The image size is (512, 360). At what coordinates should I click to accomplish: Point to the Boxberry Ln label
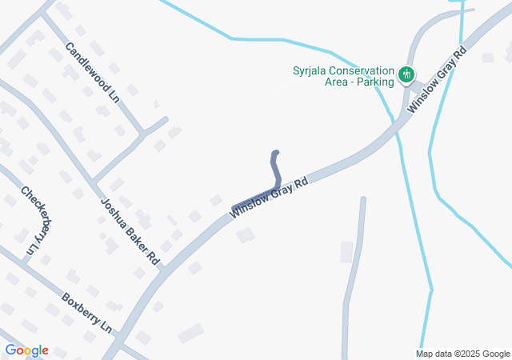coord(87,314)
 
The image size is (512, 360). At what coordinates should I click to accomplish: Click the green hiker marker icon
coord(406,75)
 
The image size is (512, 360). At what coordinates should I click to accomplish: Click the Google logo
coord(26,350)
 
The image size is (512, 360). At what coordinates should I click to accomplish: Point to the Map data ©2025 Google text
coord(462,354)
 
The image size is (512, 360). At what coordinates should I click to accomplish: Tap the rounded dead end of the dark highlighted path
coord(276,153)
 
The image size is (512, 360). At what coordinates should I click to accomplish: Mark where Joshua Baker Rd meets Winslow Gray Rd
coord(162,271)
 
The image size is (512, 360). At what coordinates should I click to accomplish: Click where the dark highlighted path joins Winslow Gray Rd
coord(234,210)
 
